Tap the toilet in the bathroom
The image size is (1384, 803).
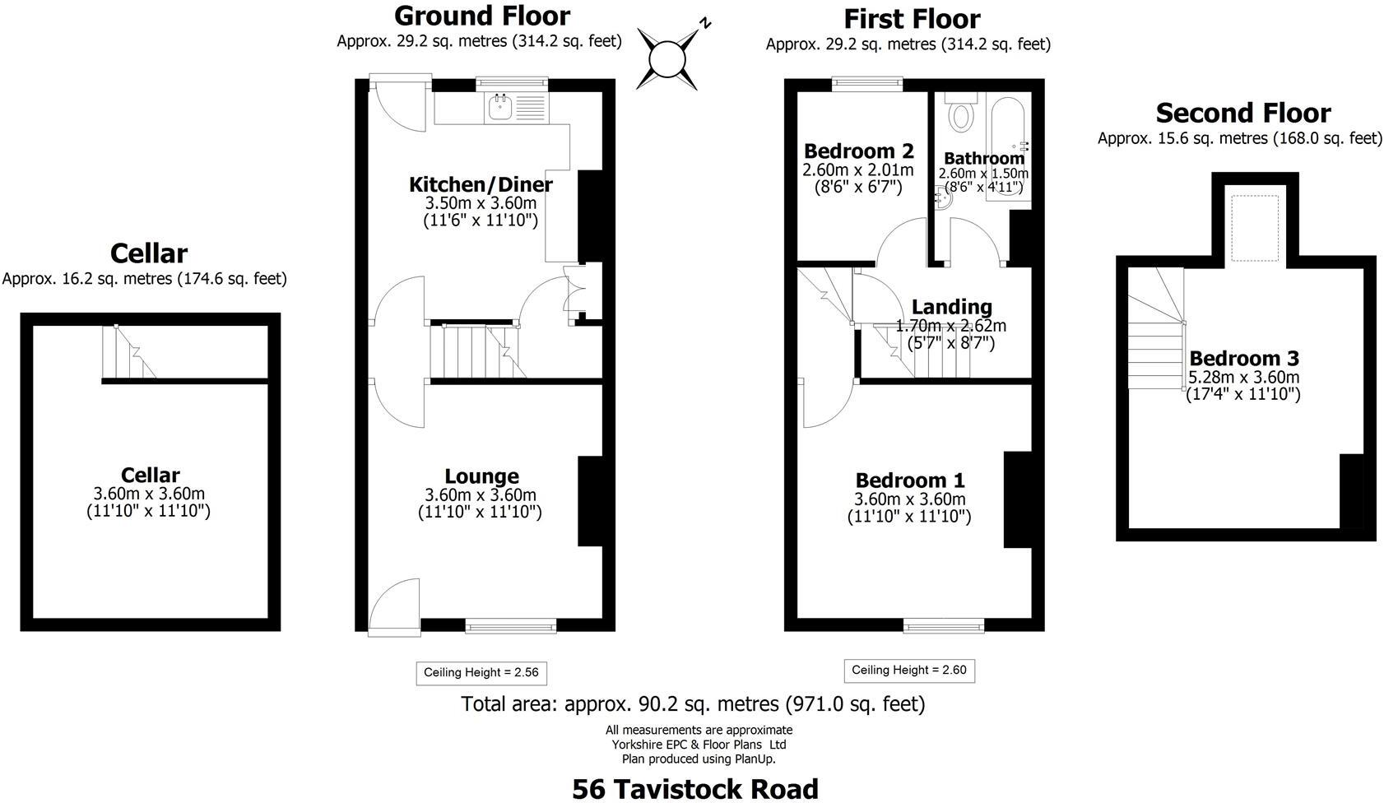960,113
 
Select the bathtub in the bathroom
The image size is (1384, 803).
1007,148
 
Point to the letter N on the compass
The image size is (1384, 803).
704,24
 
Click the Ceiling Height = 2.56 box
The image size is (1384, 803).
481,673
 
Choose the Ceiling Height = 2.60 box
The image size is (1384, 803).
909,671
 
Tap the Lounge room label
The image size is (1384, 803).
482,476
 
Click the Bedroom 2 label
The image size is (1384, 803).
859,151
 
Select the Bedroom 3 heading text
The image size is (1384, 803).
1244,358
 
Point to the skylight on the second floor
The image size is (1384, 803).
1255,229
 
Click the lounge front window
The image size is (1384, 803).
511,626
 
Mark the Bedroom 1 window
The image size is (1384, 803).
944,626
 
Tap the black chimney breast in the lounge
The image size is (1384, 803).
591,501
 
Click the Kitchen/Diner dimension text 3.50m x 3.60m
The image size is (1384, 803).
481,203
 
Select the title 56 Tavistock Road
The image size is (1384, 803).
695,789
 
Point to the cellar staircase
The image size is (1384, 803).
129,351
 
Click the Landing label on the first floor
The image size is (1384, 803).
952,306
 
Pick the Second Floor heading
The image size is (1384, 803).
1243,113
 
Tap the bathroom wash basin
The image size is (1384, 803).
944,197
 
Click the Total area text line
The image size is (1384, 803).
694,703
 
